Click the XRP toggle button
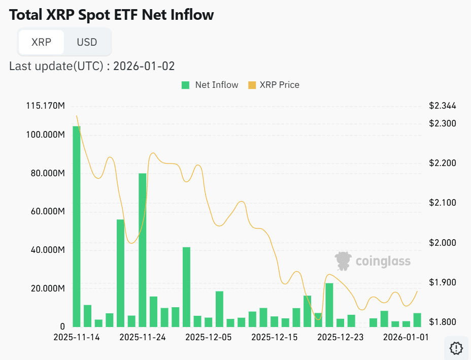(41, 42)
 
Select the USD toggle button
(87, 42)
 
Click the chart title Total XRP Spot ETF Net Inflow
(112, 15)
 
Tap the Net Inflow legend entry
(210, 85)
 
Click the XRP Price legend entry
(274, 85)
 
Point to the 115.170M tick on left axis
(45, 106)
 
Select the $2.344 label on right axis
(443, 106)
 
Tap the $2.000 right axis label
(443, 243)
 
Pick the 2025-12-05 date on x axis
(208, 337)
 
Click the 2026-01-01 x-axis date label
(406, 337)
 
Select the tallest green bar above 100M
(77, 226)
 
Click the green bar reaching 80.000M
(143, 250)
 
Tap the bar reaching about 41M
(186, 287)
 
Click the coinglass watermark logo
(373, 261)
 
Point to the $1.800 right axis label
(443, 322)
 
